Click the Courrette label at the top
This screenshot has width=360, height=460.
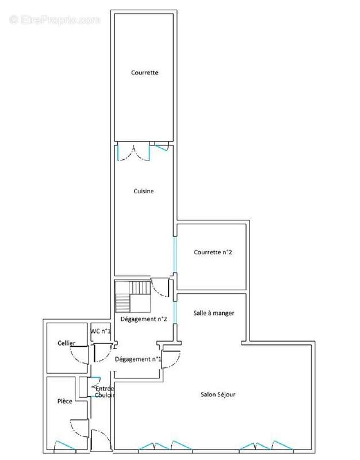coord(145,72)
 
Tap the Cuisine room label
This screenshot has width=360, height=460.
coord(144,191)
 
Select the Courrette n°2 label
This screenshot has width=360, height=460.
coord(213,252)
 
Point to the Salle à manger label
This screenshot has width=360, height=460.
coord(214,313)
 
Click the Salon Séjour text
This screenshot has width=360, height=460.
coord(218,394)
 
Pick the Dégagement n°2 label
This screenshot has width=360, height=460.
coord(144,319)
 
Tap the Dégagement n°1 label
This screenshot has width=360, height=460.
coord(138,359)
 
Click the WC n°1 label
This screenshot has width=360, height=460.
coord(101,331)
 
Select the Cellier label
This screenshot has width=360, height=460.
coord(66,343)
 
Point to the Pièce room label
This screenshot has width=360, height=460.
coord(65,401)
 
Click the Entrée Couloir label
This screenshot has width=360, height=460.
coord(105,392)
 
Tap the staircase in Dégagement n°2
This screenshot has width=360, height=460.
coord(133,296)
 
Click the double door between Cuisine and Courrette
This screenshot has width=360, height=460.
coord(133,152)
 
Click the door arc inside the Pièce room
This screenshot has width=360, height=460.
coord(79,428)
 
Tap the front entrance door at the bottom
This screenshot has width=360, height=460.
coord(101,440)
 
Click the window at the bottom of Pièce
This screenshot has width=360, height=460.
coord(65,445)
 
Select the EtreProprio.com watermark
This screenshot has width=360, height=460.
coord(55,20)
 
